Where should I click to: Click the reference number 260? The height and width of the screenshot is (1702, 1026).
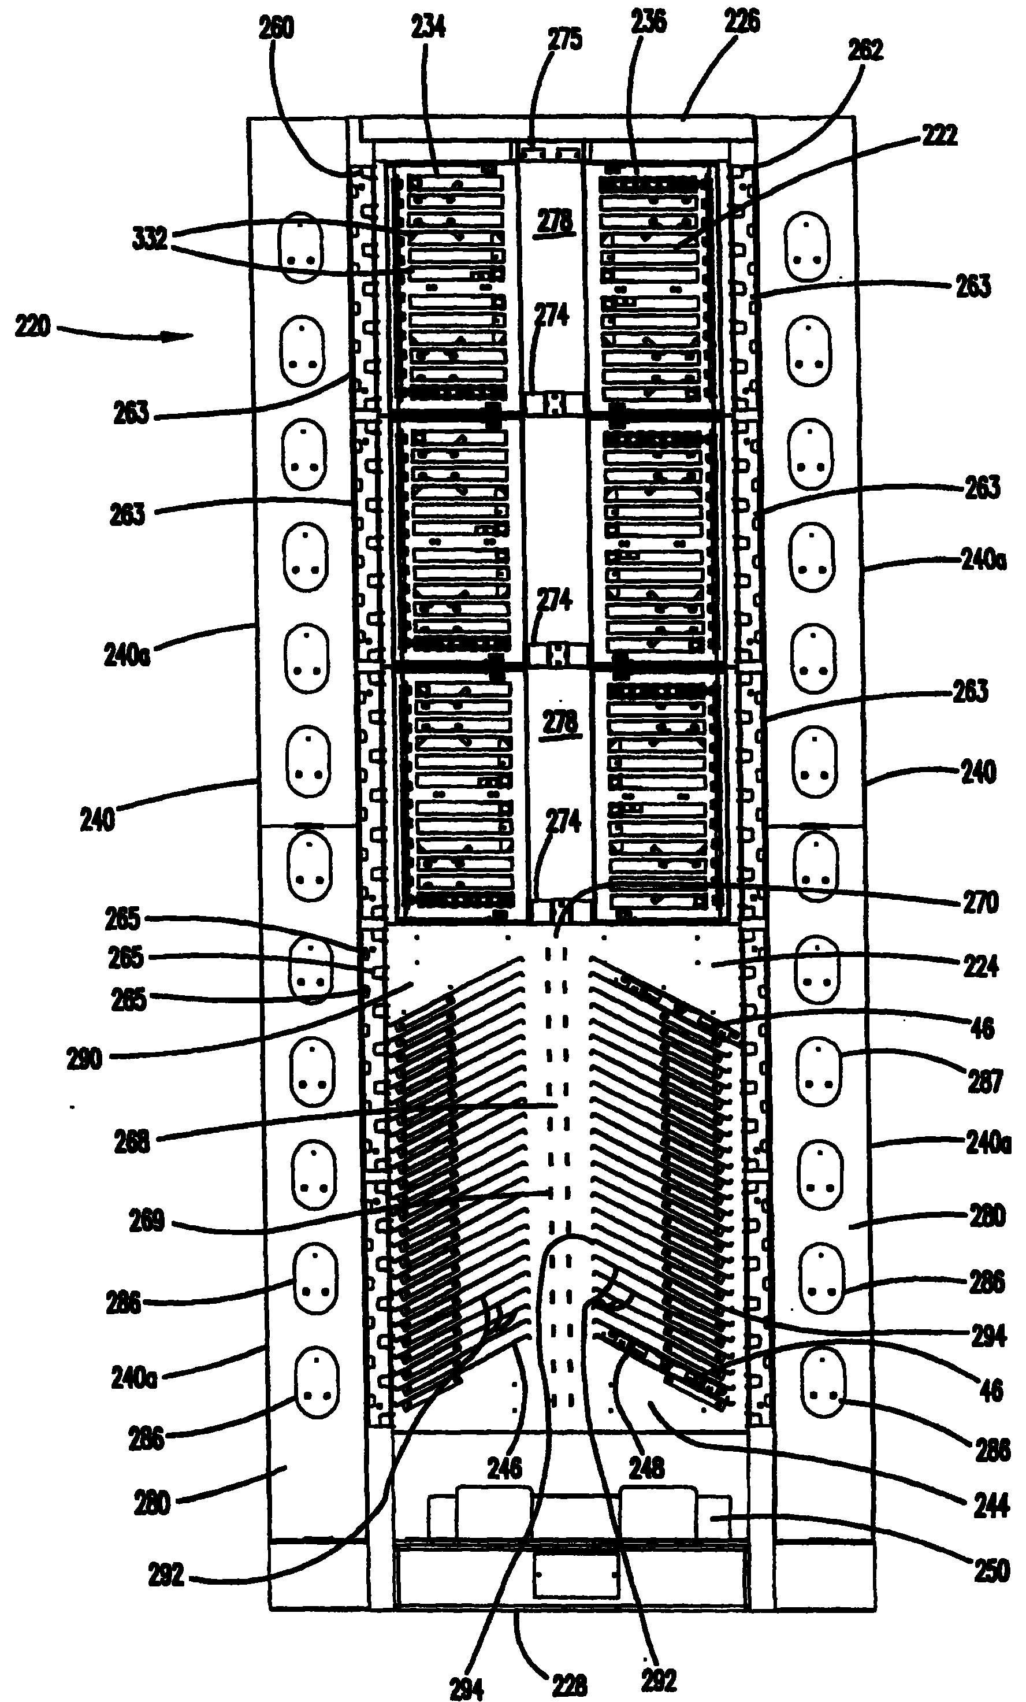tap(276, 28)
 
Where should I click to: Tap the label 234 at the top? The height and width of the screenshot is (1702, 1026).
tap(429, 27)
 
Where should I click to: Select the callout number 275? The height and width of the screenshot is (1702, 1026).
tap(565, 40)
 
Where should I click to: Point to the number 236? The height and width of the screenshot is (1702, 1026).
tap(649, 21)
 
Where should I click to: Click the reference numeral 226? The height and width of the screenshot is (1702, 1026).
tap(742, 21)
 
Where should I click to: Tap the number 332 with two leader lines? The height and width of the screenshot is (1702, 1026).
tap(150, 239)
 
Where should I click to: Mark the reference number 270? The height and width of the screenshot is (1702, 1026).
tap(980, 903)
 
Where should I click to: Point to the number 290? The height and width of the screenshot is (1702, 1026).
tap(84, 1059)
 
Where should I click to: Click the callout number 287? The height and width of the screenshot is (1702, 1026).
tap(984, 1081)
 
